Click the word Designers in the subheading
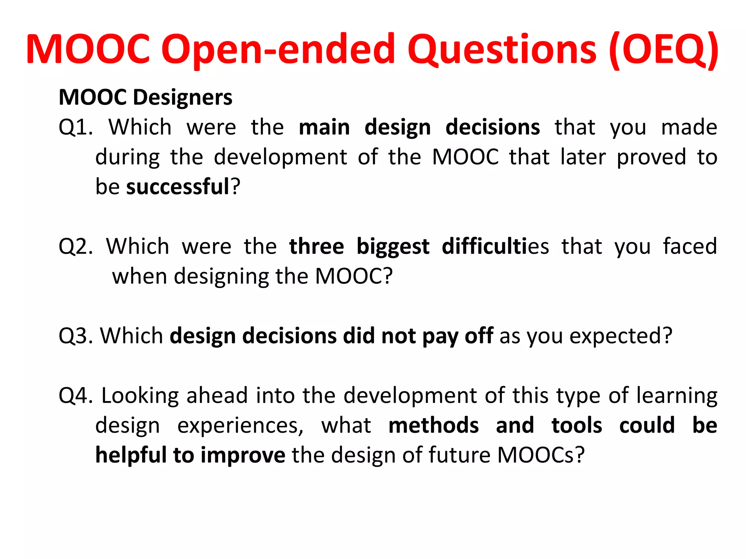click(x=183, y=98)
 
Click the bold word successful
click(x=178, y=187)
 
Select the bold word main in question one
click(x=324, y=127)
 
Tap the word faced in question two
click(x=690, y=246)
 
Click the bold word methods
click(x=433, y=425)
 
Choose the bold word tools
click(x=577, y=425)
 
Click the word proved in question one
click(x=651, y=158)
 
